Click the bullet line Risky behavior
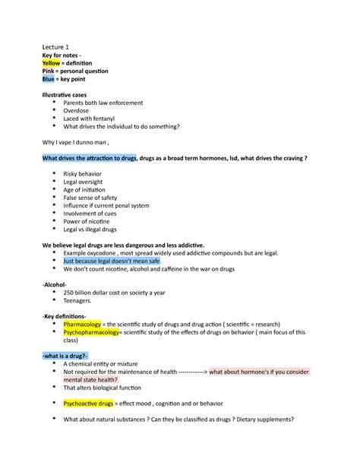(x=86, y=175)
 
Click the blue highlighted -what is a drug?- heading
(x=65, y=357)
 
